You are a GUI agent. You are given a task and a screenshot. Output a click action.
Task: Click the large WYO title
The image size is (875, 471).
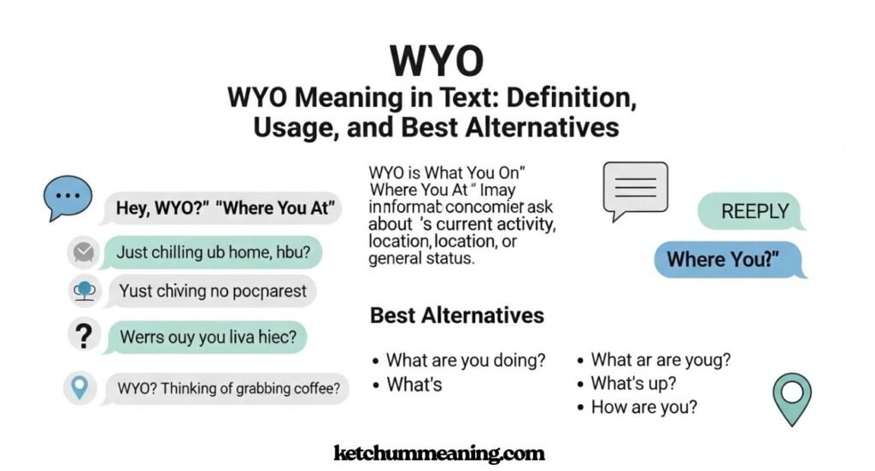[x=437, y=61]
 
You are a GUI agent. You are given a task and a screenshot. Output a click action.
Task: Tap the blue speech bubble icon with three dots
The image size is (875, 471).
[x=67, y=198]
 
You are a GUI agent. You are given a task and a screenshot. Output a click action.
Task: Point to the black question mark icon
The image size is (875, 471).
[x=83, y=336]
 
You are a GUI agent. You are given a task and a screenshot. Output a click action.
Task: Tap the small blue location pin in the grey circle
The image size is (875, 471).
[x=80, y=389]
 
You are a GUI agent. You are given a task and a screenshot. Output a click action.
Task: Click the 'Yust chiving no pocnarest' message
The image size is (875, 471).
[x=212, y=291]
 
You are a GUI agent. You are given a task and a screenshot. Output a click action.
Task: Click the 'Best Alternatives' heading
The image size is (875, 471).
[x=456, y=315]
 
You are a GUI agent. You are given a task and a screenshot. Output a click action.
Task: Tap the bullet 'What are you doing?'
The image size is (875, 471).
[x=466, y=361]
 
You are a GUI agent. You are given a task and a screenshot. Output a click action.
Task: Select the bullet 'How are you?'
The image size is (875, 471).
[x=643, y=407]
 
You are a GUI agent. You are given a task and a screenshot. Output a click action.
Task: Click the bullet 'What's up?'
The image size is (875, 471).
[x=633, y=383]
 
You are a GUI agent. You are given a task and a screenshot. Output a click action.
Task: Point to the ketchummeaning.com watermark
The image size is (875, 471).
[x=438, y=453]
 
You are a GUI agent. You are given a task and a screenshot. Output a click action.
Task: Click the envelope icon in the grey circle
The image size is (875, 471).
[x=83, y=252]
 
